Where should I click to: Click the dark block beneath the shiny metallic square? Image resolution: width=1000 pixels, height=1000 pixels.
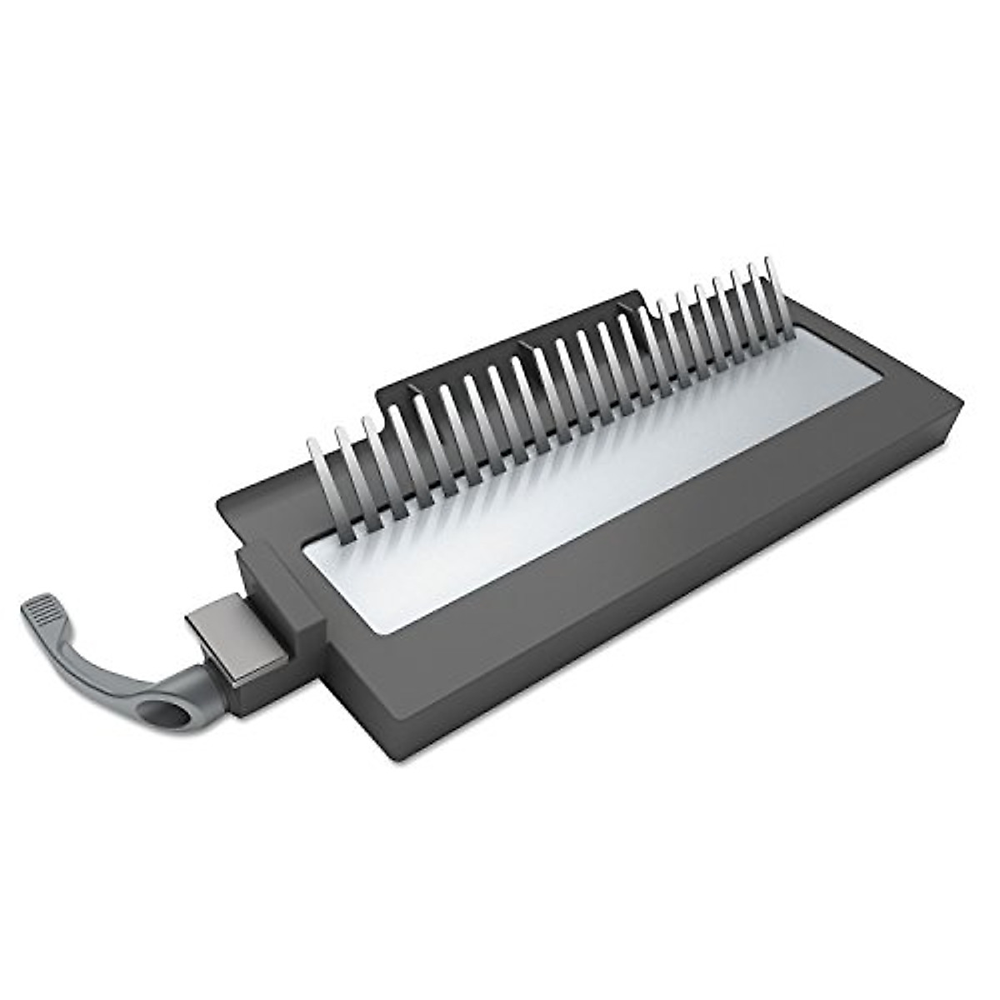250,687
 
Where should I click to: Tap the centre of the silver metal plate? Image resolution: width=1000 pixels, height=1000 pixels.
600,483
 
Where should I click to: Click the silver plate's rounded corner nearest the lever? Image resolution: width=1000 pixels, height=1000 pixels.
312,546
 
